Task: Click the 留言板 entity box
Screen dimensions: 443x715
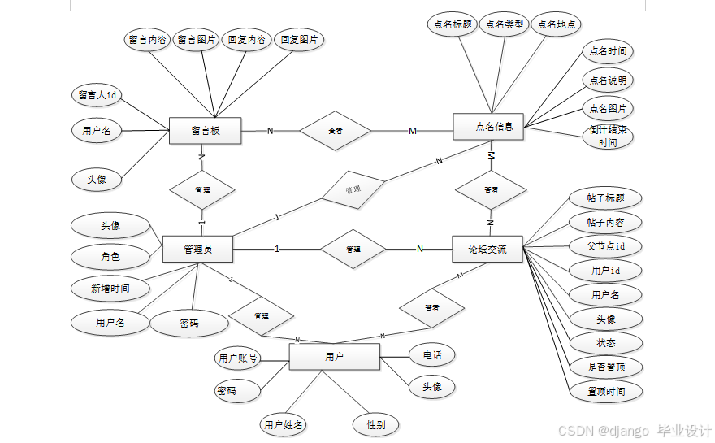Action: pyautogui.click(x=206, y=131)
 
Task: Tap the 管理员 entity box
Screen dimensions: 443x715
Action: pyautogui.click(x=197, y=249)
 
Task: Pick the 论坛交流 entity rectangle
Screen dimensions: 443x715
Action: pyautogui.click(x=487, y=249)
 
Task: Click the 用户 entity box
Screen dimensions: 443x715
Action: pyautogui.click(x=334, y=357)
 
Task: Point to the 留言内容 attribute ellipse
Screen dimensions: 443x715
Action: pyautogui.click(x=147, y=40)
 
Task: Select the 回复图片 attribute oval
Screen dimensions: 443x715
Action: pyautogui.click(x=299, y=39)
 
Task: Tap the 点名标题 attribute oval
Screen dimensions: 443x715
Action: pyautogui.click(x=449, y=24)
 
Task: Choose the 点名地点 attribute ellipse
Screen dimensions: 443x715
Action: pyautogui.click(x=557, y=24)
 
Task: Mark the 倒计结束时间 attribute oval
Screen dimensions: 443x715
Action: pyautogui.click(x=608, y=136)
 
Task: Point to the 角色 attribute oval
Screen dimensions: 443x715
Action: pyautogui.click(x=110, y=257)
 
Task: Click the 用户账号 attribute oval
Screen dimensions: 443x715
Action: pyautogui.click(x=238, y=358)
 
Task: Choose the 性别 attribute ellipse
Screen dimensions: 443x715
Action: pyautogui.click(x=375, y=424)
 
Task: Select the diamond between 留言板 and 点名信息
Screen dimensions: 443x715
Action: pyautogui.click(x=335, y=130)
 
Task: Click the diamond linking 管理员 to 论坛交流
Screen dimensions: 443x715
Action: pyautogui.click(x=353, y=249)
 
